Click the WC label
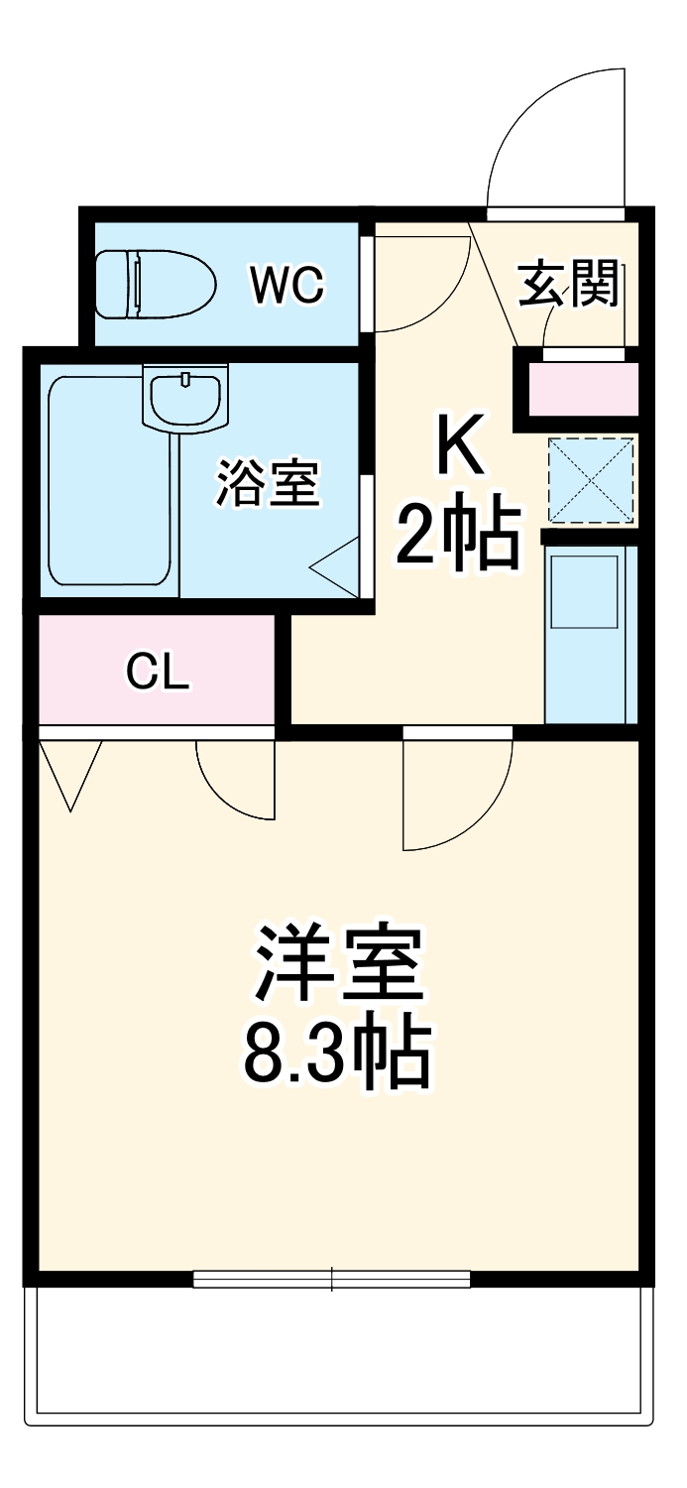286,286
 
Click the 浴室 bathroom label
268,483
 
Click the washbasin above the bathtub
184,397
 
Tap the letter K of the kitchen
457,446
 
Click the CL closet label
157,674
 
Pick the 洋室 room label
340,963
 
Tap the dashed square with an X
591,480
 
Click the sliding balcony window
331,1279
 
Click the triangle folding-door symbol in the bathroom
337,568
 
